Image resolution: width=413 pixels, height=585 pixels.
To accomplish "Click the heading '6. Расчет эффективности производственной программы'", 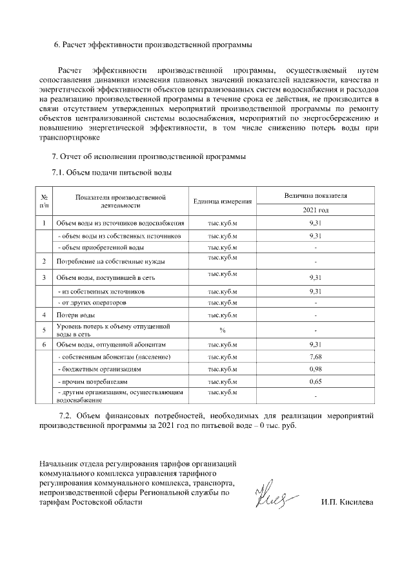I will (x=152, y=45).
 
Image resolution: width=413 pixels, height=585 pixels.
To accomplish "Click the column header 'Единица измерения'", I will (x=222, y=201).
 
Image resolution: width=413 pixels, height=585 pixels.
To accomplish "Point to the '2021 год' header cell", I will (x=315, y=211).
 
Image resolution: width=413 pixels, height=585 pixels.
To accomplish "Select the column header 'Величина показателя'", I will (x=315, y=195).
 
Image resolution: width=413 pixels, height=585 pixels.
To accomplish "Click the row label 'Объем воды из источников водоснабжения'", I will (x=120, y=224).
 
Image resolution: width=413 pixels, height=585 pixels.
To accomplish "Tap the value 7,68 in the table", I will (x=315, y=357).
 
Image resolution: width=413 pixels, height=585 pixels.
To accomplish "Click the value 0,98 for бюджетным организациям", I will (x=315, y=369).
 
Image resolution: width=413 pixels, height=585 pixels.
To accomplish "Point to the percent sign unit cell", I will (x=222, y=330).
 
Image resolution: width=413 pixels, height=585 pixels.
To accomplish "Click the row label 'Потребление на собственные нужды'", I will (x=110, y=262).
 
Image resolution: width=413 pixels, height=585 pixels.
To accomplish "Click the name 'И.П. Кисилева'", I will (x=347, y=502).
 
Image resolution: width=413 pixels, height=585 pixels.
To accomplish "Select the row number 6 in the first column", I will (x=44, y=345).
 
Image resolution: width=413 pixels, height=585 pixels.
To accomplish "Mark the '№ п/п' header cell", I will (x=44, y=201).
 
